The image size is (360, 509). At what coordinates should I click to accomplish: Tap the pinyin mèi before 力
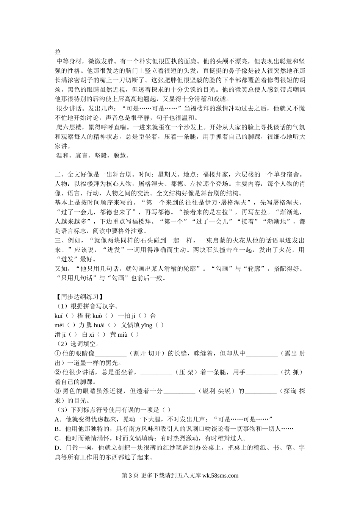pyautogui.click(x=60, y=325)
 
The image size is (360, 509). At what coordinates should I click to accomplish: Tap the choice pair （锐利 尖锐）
pyautogui.click(x=216, y=391)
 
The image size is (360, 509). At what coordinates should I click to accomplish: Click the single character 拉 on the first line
pyautogui.click(x=58, y=52)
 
